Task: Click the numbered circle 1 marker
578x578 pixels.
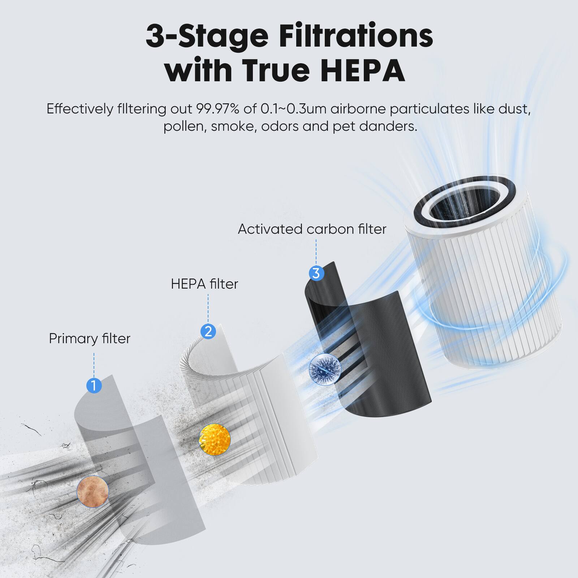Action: pos(94,386)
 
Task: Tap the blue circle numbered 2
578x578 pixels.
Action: pos(208,331)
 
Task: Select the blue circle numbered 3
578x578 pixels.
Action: pos(316,273)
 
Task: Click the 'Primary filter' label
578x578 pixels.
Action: pos(89,338)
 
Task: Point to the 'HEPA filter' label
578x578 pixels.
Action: pos(204,284)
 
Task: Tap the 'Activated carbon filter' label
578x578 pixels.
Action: pos(312,229)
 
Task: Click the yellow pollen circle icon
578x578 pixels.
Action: pos(215,439)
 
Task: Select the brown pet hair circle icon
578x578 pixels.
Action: pos(93,491)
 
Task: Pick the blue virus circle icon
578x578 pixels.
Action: pos(325,369)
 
